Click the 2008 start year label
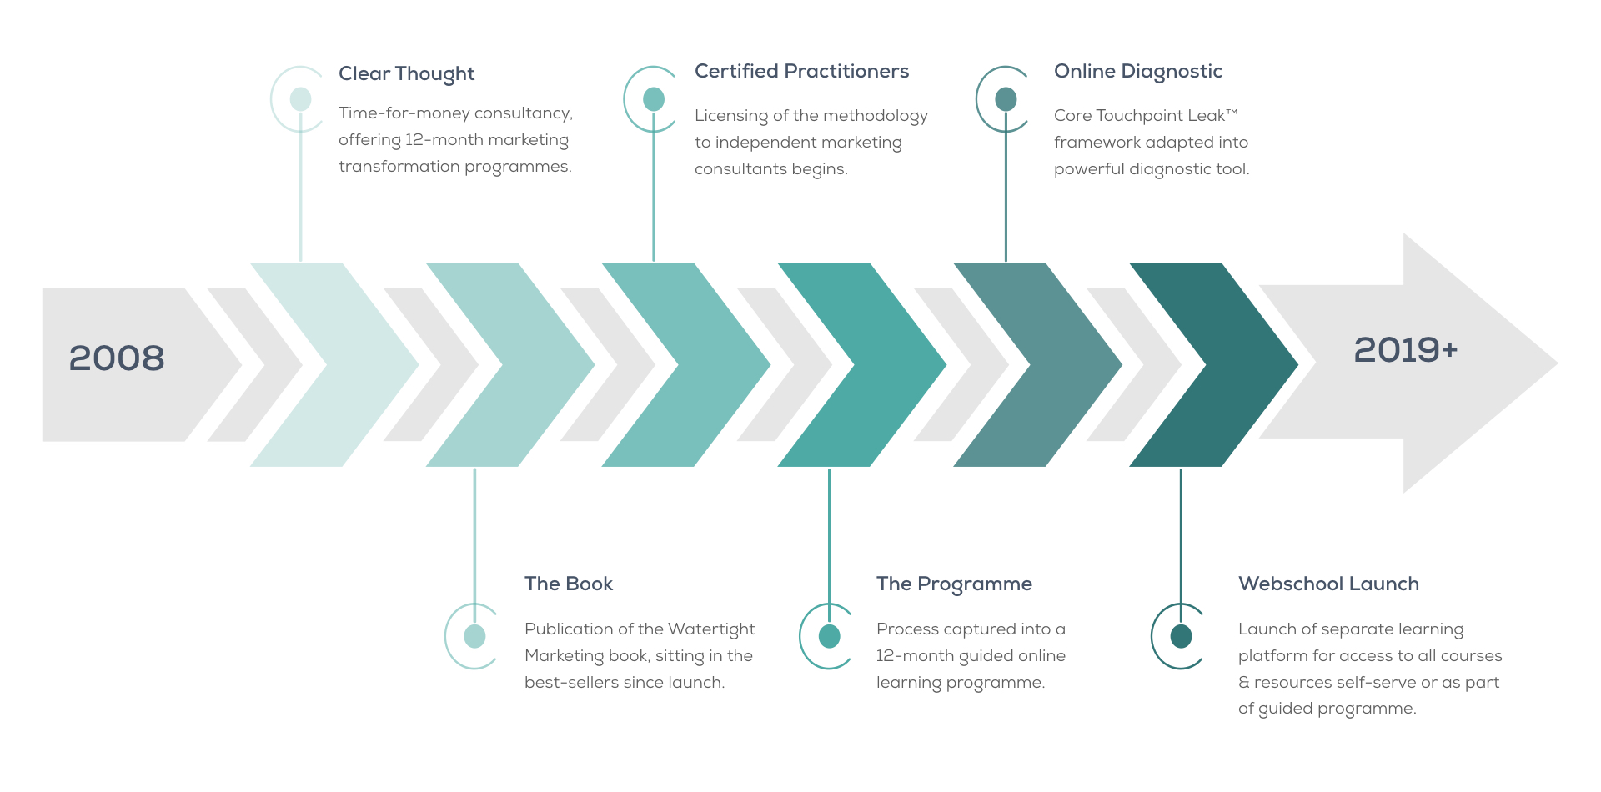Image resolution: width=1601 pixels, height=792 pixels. point(117,358)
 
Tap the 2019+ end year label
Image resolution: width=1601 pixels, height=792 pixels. point(1406,350)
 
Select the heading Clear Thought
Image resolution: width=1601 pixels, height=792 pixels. point(406,74)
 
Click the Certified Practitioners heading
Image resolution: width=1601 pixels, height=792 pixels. point(801,72)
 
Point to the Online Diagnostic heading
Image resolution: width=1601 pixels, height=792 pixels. point(1138,73)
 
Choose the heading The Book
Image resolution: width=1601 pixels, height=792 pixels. point(569,584)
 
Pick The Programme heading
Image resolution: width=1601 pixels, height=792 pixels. point(954,584)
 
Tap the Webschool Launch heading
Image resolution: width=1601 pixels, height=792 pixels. point(1328,584)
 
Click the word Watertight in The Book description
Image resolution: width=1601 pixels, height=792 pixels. point(711,629)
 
